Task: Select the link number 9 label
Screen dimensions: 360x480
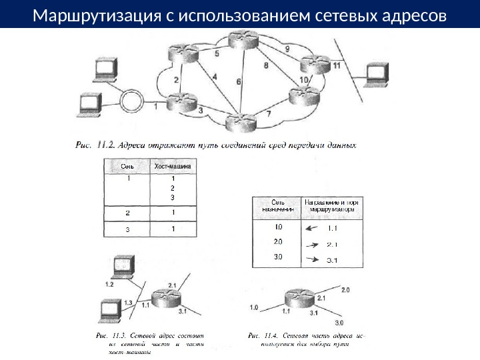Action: click(287, 49)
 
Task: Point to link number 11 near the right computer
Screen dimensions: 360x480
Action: click(337, 66)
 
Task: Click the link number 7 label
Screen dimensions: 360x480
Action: click(269, 113)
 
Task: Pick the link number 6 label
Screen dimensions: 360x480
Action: click(239, 81)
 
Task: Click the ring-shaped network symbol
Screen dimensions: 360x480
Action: click(132, 103)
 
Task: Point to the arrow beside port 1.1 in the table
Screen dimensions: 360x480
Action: click(311, 227)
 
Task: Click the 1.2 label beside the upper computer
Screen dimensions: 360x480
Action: click(110, 284)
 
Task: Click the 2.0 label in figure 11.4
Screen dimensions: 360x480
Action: click(345, 291)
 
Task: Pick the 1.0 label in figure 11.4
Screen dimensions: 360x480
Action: click(254, 308)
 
